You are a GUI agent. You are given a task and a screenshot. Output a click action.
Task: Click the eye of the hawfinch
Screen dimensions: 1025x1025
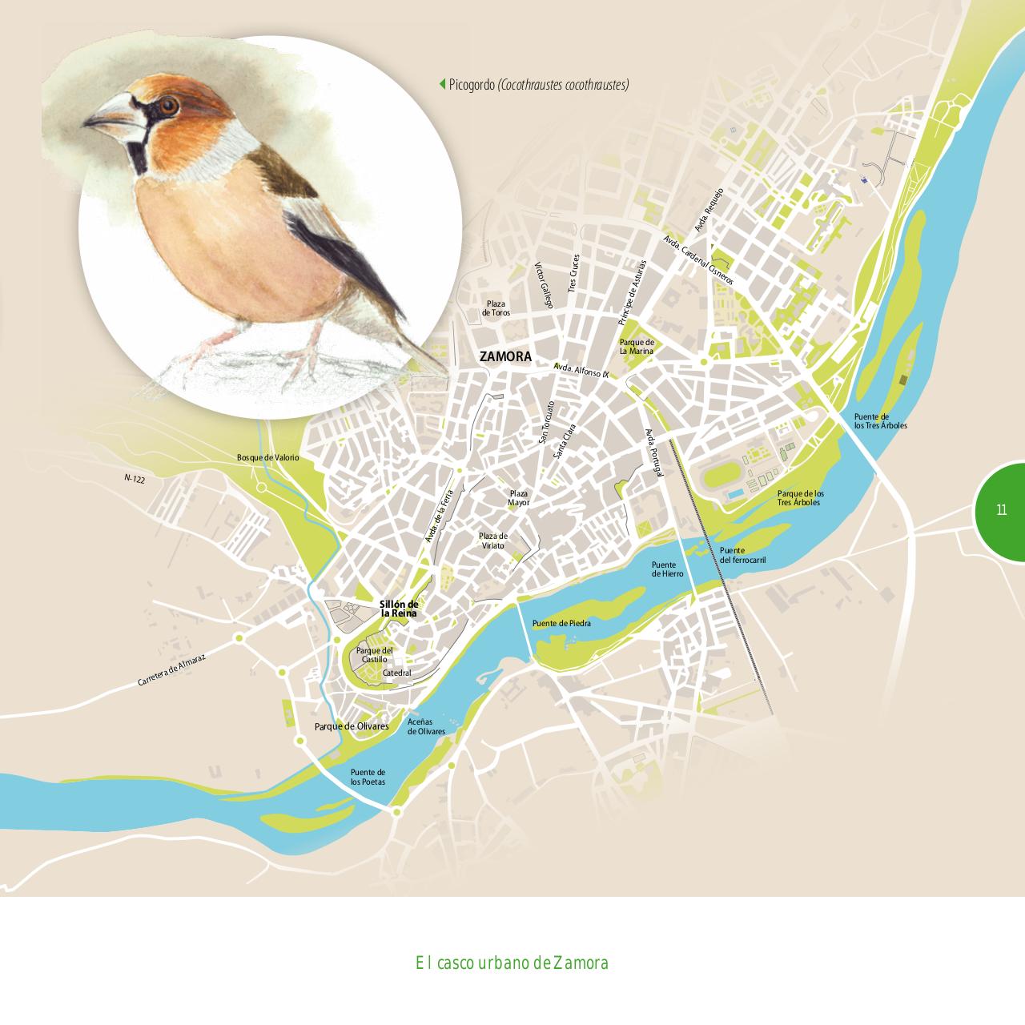[x=167, y=105]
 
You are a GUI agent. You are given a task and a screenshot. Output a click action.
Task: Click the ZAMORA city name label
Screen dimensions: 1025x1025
[x=505, y=357]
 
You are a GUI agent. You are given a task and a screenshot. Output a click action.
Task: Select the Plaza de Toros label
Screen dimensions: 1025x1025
[x=496, y=308]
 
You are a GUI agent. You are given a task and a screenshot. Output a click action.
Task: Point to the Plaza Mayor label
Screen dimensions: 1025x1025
[x=518, y=498]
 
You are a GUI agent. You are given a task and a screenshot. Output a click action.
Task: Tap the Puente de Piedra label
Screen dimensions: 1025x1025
[x=561, y=623]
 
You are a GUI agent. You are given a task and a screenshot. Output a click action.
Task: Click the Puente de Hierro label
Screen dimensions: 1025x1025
[x=667, y=569]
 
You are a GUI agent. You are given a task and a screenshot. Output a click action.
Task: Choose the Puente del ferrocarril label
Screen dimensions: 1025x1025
[x=742, y=555]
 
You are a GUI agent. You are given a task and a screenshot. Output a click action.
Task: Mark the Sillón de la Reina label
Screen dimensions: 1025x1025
[x=399, y=609]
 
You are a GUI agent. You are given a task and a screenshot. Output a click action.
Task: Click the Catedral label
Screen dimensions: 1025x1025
[x=397, y=673]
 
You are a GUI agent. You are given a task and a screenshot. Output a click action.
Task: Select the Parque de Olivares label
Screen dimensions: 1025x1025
[x=352, y=726]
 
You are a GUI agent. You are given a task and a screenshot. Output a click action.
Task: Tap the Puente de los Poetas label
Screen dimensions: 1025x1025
[x=368, y=776]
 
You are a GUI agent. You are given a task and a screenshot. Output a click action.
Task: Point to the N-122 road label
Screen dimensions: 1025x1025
[x=135, y=478]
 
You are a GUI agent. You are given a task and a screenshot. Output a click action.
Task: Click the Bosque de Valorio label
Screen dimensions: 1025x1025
[x=267, y=457]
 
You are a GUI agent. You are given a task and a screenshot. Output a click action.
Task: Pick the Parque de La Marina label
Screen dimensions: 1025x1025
[x=637, y=346]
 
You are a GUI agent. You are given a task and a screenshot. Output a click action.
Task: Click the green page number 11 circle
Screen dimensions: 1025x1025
[x=1001, y=509]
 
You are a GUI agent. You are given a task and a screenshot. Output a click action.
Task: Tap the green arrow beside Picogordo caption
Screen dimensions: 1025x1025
[x=441, y=84]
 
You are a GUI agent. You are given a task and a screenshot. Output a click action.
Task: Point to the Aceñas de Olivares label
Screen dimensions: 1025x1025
[x=426, y=726]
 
